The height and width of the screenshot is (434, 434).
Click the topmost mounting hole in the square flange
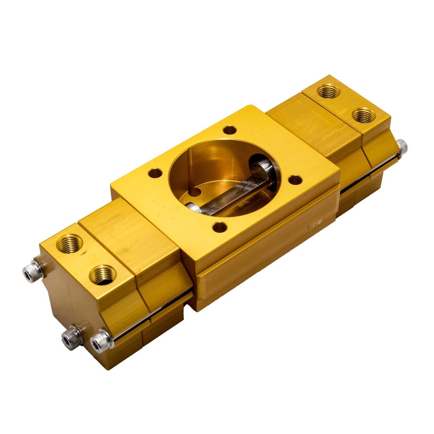click(x=230, y=130)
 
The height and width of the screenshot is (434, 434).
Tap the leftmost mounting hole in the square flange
click(x=155, y=173)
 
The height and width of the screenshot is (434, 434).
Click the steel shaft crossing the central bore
click(x=234, y=193)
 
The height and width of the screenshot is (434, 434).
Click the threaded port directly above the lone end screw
click(x=363, y=115)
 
